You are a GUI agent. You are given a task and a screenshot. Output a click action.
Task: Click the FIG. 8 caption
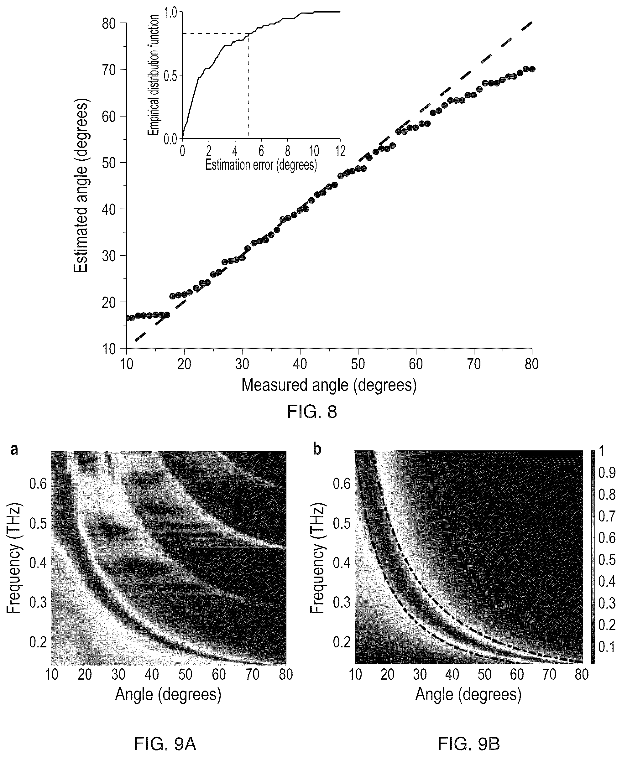click(312, 412)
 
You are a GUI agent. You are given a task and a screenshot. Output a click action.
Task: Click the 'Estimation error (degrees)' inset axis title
click(261, 165)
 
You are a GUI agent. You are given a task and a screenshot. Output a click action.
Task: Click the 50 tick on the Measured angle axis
click(358, 364)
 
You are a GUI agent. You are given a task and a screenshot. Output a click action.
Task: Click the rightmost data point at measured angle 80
click(532, 69)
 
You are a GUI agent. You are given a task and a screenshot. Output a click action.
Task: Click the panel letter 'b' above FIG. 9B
click(317, 449)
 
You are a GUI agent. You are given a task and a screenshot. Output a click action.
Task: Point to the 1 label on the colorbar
click(602, 452)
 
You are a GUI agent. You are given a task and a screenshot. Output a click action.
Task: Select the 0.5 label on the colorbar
click(607, 559)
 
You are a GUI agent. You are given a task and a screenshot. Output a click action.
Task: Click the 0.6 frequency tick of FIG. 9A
click(38, 485)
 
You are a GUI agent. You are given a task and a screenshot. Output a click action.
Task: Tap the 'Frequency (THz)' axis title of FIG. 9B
click(317, 559)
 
